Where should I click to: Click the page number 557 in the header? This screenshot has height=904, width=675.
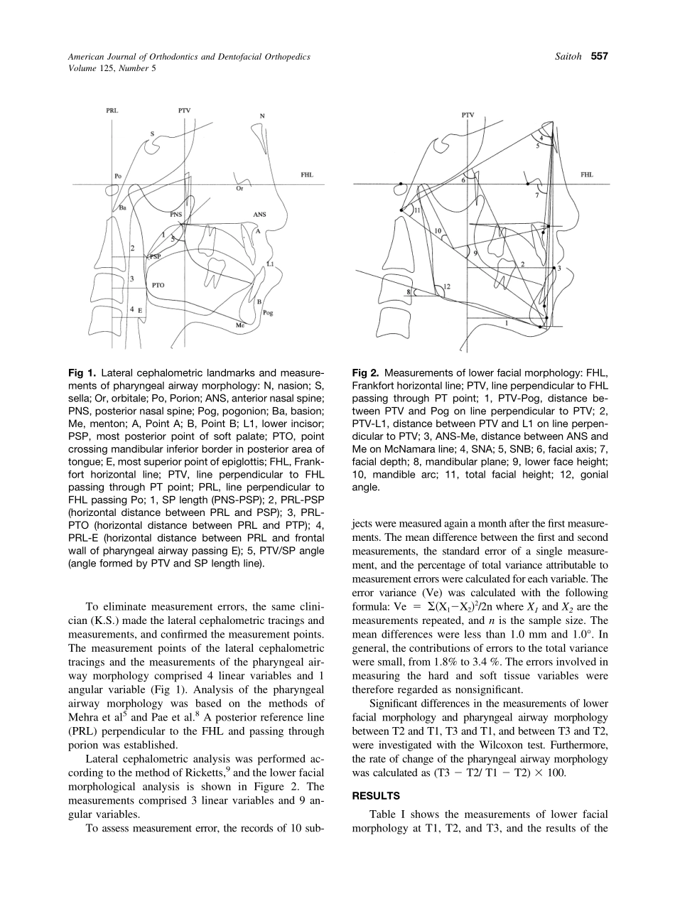point(599,57)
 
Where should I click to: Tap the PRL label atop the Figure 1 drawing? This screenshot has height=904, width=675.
point(112,111)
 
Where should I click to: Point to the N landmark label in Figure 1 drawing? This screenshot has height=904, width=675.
point(262,117)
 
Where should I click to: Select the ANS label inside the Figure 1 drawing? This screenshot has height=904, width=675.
point(260,213)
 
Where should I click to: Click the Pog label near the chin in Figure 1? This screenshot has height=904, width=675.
point(268,313)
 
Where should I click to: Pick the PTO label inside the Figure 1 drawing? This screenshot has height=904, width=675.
point(158,284)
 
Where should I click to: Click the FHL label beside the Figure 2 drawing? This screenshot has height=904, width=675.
point(587,174)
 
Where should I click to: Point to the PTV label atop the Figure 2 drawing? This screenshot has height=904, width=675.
point(468,114)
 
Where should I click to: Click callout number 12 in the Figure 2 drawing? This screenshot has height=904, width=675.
point(447,286)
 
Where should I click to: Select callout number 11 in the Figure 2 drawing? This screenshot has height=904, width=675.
point(418,210)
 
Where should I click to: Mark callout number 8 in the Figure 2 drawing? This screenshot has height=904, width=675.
point(409,291)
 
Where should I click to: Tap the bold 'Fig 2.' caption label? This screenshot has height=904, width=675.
point(366,372)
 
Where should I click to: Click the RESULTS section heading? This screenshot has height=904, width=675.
point(376,796)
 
